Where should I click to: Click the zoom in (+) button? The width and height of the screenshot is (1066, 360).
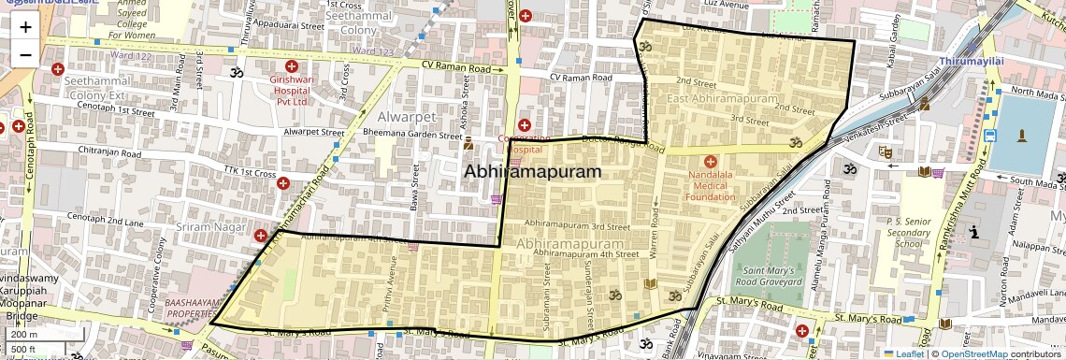point(25,27)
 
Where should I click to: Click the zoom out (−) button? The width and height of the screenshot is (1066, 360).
point(25,54)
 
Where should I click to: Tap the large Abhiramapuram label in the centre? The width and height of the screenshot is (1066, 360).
point(532,172)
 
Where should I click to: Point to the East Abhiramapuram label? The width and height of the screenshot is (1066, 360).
point(723,98)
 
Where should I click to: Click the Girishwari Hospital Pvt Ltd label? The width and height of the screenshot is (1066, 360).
point(289,88)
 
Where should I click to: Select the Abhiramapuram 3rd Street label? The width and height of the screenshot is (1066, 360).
point(576,225)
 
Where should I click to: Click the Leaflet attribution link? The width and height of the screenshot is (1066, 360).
point(905,353)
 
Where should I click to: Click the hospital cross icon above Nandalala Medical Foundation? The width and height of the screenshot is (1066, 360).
point(710,162)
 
